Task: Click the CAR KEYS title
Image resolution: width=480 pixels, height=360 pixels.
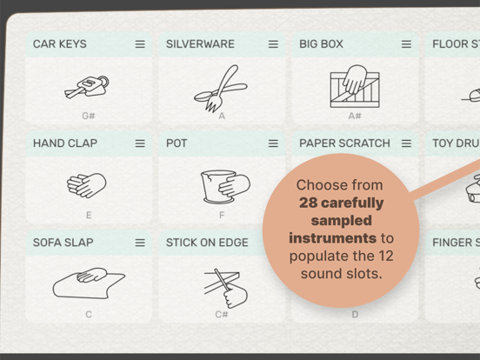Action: click(60, 44)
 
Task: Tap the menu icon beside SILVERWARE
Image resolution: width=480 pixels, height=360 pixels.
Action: click(273, 44)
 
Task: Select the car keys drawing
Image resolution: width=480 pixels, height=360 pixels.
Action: click(87, 87)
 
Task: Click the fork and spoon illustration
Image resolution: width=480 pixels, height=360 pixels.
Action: click(220, 88)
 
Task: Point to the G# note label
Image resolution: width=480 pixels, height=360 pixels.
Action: click(89, 116)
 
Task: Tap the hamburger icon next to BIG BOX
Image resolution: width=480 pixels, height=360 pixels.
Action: click(406, 44)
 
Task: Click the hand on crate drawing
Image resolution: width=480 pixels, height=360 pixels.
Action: click(355, 86)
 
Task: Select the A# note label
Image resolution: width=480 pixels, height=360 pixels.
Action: click(355, 116)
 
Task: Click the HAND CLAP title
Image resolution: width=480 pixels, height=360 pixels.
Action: click(65, 143)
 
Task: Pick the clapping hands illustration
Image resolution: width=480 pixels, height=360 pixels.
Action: click(87, 185)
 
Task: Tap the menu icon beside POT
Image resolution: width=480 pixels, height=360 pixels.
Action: click(273, 143)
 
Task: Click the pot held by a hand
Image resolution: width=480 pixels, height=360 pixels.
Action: click(225, 187)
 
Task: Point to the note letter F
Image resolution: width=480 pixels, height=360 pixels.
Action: click(222, 215)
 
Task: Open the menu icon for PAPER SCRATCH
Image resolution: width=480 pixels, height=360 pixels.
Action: click(406, 143)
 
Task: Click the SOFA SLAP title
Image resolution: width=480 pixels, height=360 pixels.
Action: click(63, 243)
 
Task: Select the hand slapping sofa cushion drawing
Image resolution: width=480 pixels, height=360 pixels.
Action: click(89, 283)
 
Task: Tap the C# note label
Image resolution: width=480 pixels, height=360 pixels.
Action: click(222, 315)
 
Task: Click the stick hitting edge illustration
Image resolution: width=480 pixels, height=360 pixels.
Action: click(226, 288)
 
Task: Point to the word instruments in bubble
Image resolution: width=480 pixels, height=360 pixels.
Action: click(333, 238)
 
